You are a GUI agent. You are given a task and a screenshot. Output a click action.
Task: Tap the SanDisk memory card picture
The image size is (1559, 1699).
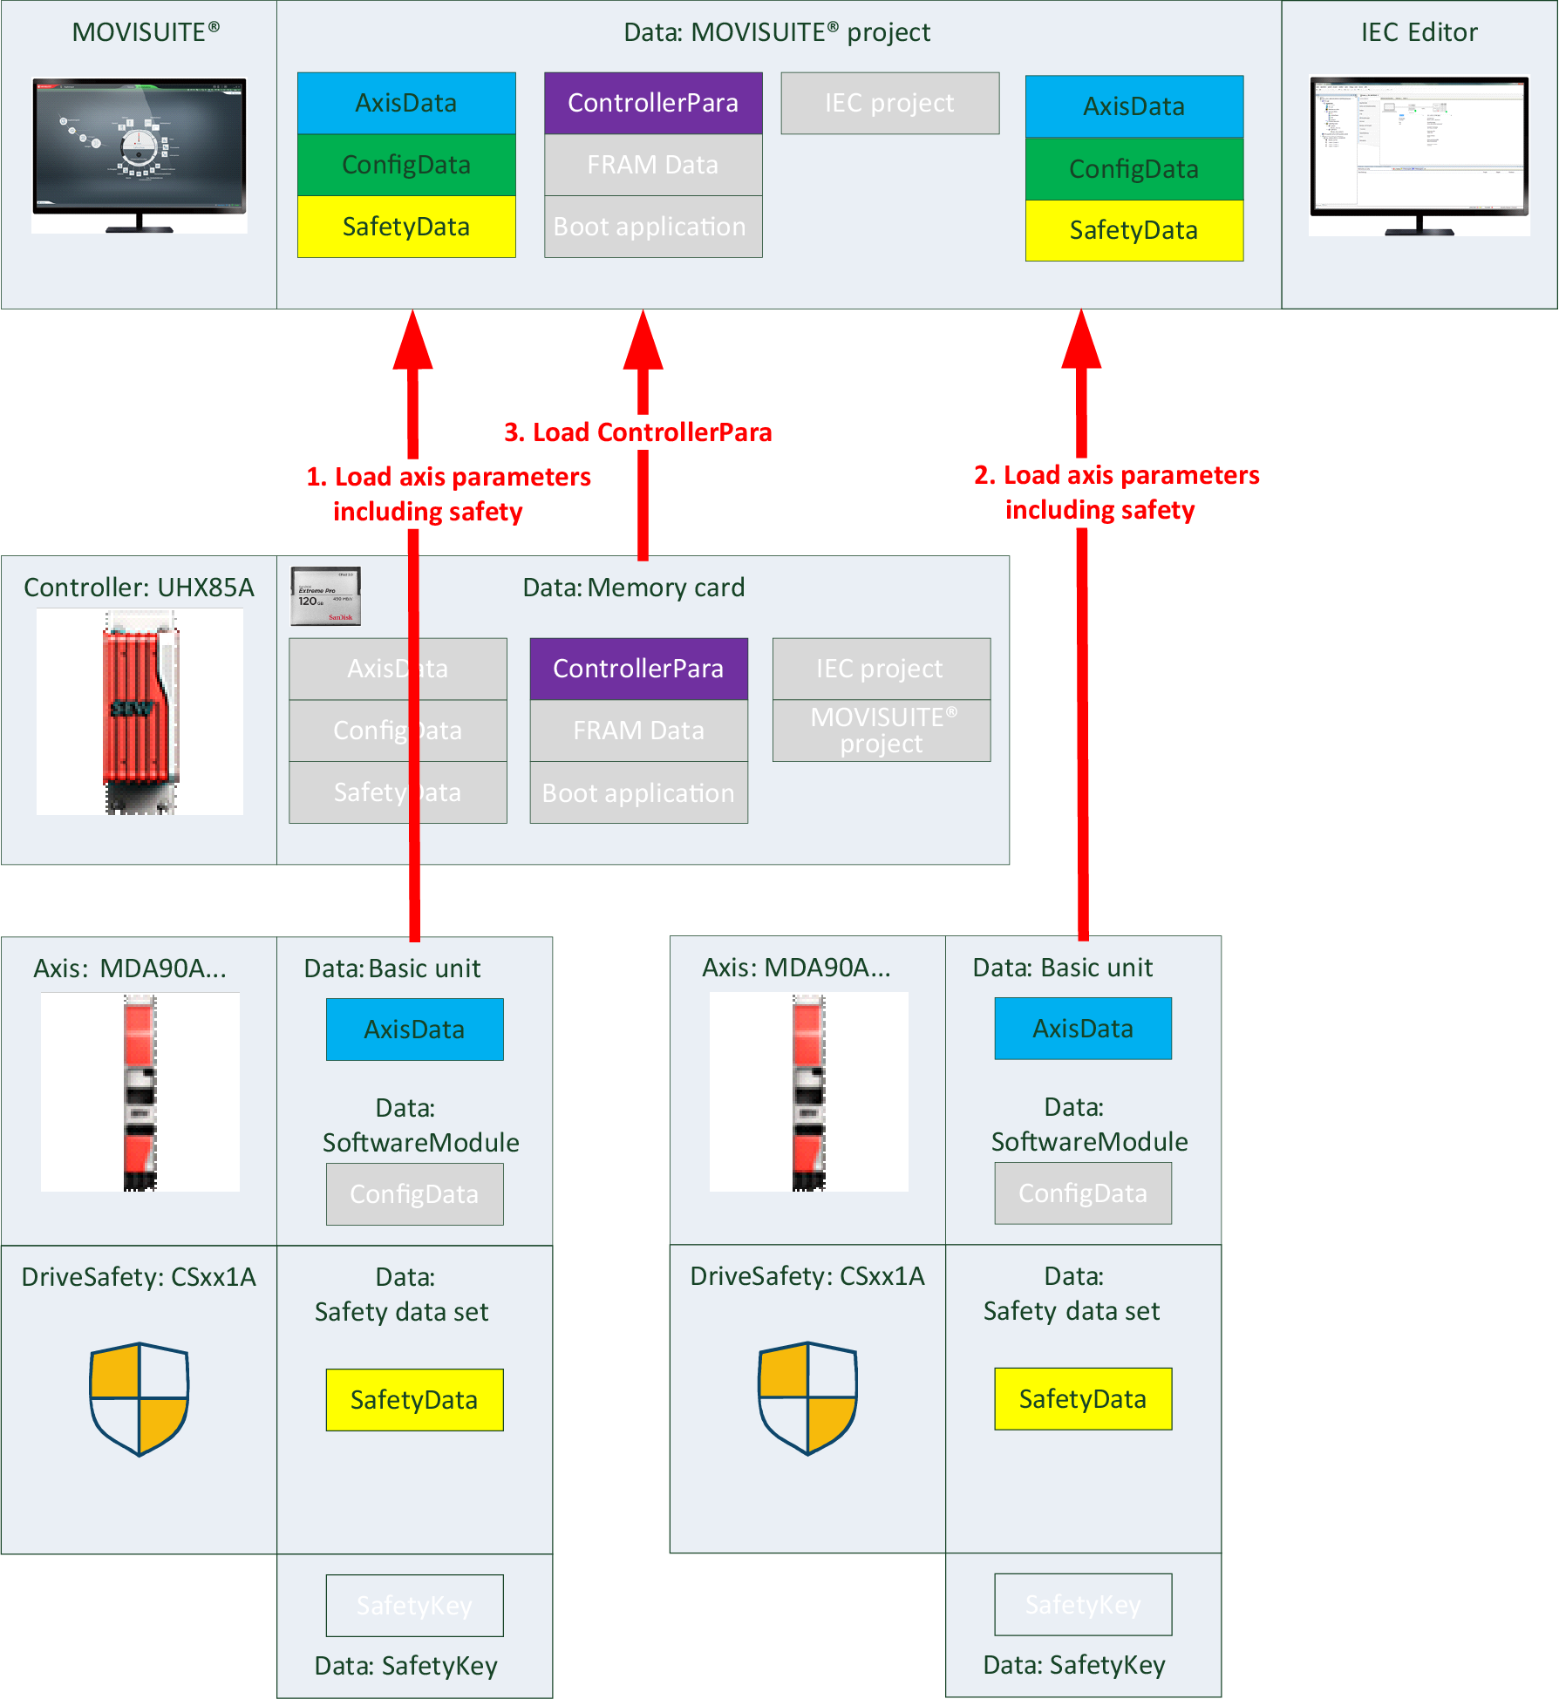(x=325, y=596)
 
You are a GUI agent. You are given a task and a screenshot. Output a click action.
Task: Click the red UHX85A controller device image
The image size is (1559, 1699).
(x=140, y=711)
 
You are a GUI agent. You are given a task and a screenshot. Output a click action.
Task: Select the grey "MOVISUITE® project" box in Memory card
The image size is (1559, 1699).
(x=882, y=731)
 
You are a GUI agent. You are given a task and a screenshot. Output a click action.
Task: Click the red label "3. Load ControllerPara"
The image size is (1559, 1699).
(x=637, y=432)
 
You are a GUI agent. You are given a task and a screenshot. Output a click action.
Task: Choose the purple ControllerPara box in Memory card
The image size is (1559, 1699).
(x=638, y=669)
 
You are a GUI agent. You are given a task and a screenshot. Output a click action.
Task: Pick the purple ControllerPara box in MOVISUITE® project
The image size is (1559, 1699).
(x=653, y=103)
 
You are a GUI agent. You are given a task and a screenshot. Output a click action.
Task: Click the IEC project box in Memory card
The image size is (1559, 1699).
(x=882, y=669)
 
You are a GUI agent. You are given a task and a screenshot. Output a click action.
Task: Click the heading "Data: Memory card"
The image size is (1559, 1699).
(x=633, y=588)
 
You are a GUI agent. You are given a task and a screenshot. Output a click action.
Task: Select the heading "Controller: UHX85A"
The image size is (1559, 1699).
(x=139, y=588)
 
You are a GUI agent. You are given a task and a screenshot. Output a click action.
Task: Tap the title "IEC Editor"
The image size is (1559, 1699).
(x=1419, y=32)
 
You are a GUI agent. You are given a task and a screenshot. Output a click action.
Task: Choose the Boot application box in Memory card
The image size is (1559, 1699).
(x=638, y=793)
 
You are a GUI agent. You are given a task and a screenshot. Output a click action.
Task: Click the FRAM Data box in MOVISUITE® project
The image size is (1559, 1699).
(x=653, y=165)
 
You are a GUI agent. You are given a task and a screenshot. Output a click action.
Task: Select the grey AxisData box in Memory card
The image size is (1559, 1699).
(x=398, y=669)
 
